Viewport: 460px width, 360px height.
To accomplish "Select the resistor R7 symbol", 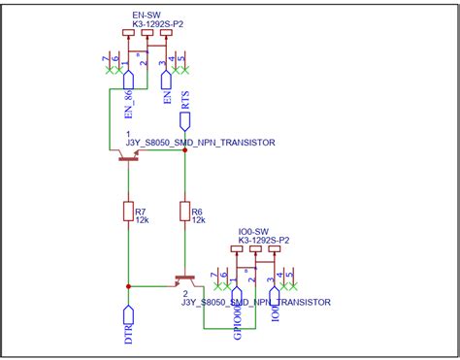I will tap(128, 212).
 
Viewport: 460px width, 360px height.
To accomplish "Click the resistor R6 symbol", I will tap(184, 212).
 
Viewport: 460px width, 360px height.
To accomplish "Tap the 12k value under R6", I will tap(197, 220).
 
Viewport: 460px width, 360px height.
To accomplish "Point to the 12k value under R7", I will tap(142, 220).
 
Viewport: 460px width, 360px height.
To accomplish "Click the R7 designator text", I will tap(141, 211).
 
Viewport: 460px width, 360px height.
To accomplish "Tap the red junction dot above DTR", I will tap(128, 286).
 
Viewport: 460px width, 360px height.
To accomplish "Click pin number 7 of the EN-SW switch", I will tap(105, 60).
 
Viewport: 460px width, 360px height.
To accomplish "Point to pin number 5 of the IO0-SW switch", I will tap(292, 277).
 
